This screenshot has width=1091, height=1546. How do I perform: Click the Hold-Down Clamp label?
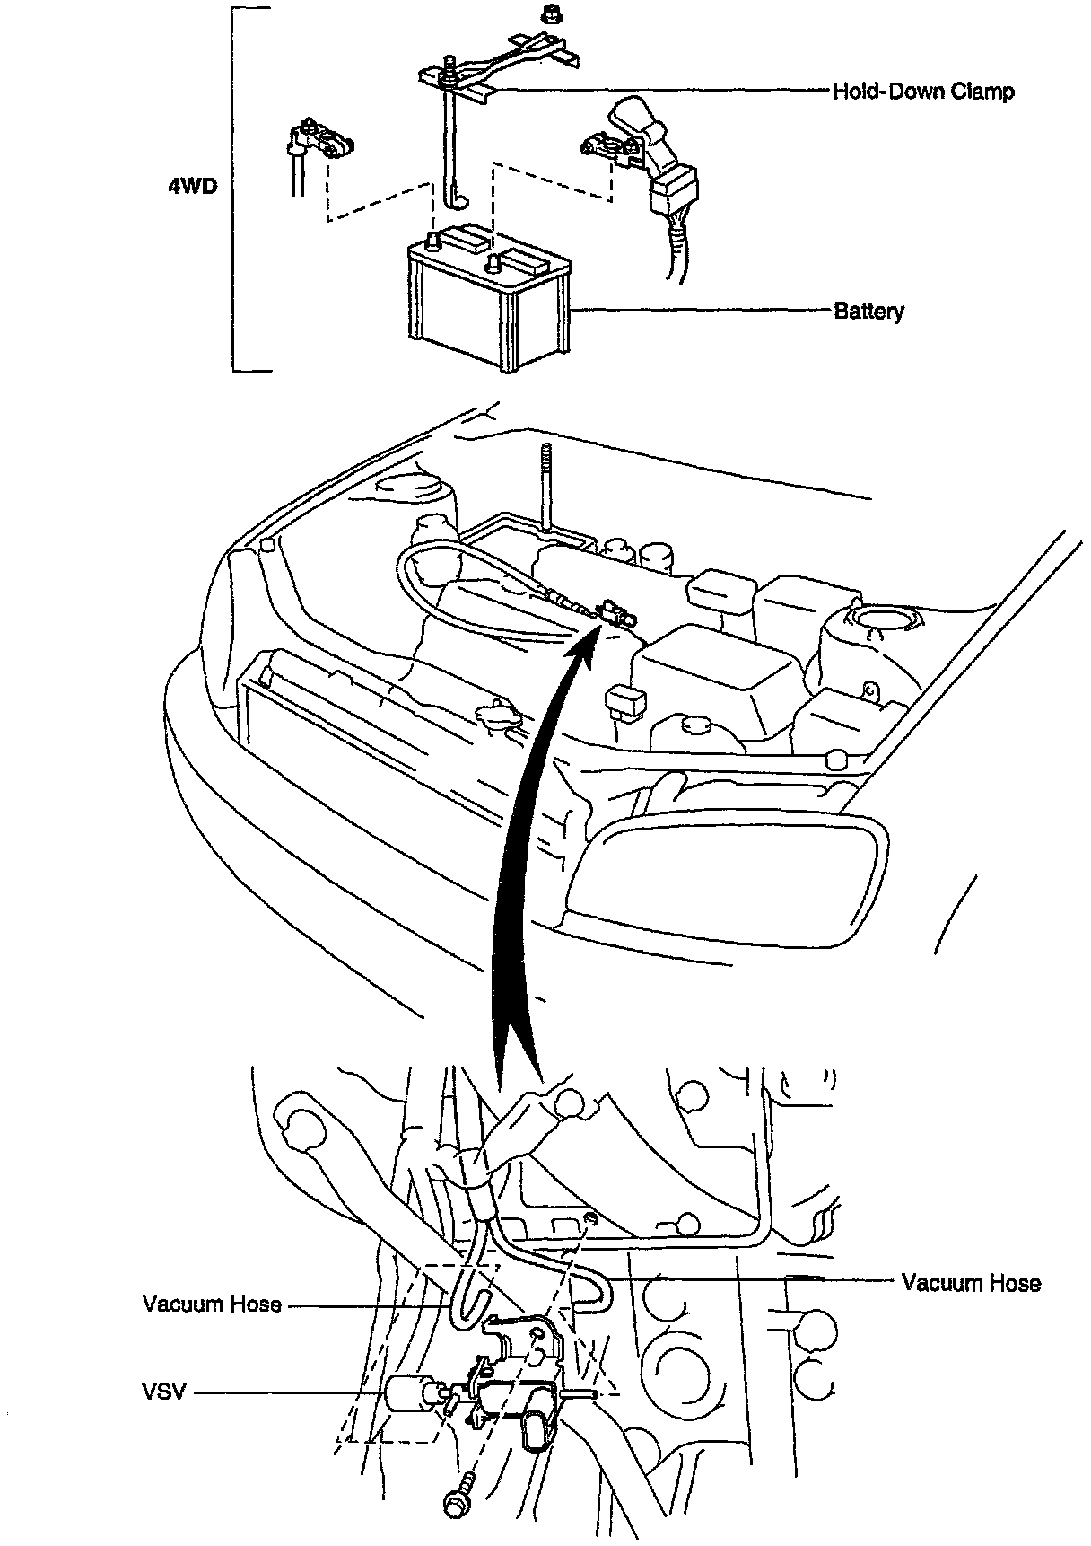tap(923, 92)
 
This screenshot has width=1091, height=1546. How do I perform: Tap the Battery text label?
tap(868, 312)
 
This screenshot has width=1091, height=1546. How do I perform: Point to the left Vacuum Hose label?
tap(212, 1304)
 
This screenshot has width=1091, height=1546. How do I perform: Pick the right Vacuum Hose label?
tap(971, 1283)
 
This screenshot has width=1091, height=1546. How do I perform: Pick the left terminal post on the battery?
tap(433, 240)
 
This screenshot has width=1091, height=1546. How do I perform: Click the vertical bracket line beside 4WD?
tap(233, 189)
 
